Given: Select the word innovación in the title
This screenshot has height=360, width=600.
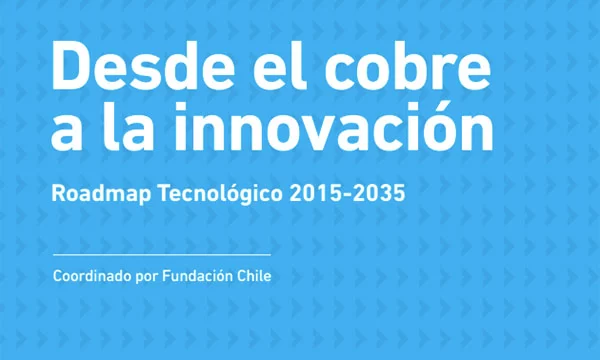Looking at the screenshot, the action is (333, 126).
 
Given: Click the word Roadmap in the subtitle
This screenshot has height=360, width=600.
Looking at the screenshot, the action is (102, 194).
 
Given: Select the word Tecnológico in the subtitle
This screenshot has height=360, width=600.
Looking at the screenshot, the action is (220, 194).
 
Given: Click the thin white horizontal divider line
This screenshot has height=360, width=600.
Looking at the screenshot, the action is (162, 254).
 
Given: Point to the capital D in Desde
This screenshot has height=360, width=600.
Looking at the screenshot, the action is (71, 65).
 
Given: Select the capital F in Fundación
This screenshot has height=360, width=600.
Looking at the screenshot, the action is (166, 276).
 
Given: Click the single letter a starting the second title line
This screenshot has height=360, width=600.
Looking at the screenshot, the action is (67, 132).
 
